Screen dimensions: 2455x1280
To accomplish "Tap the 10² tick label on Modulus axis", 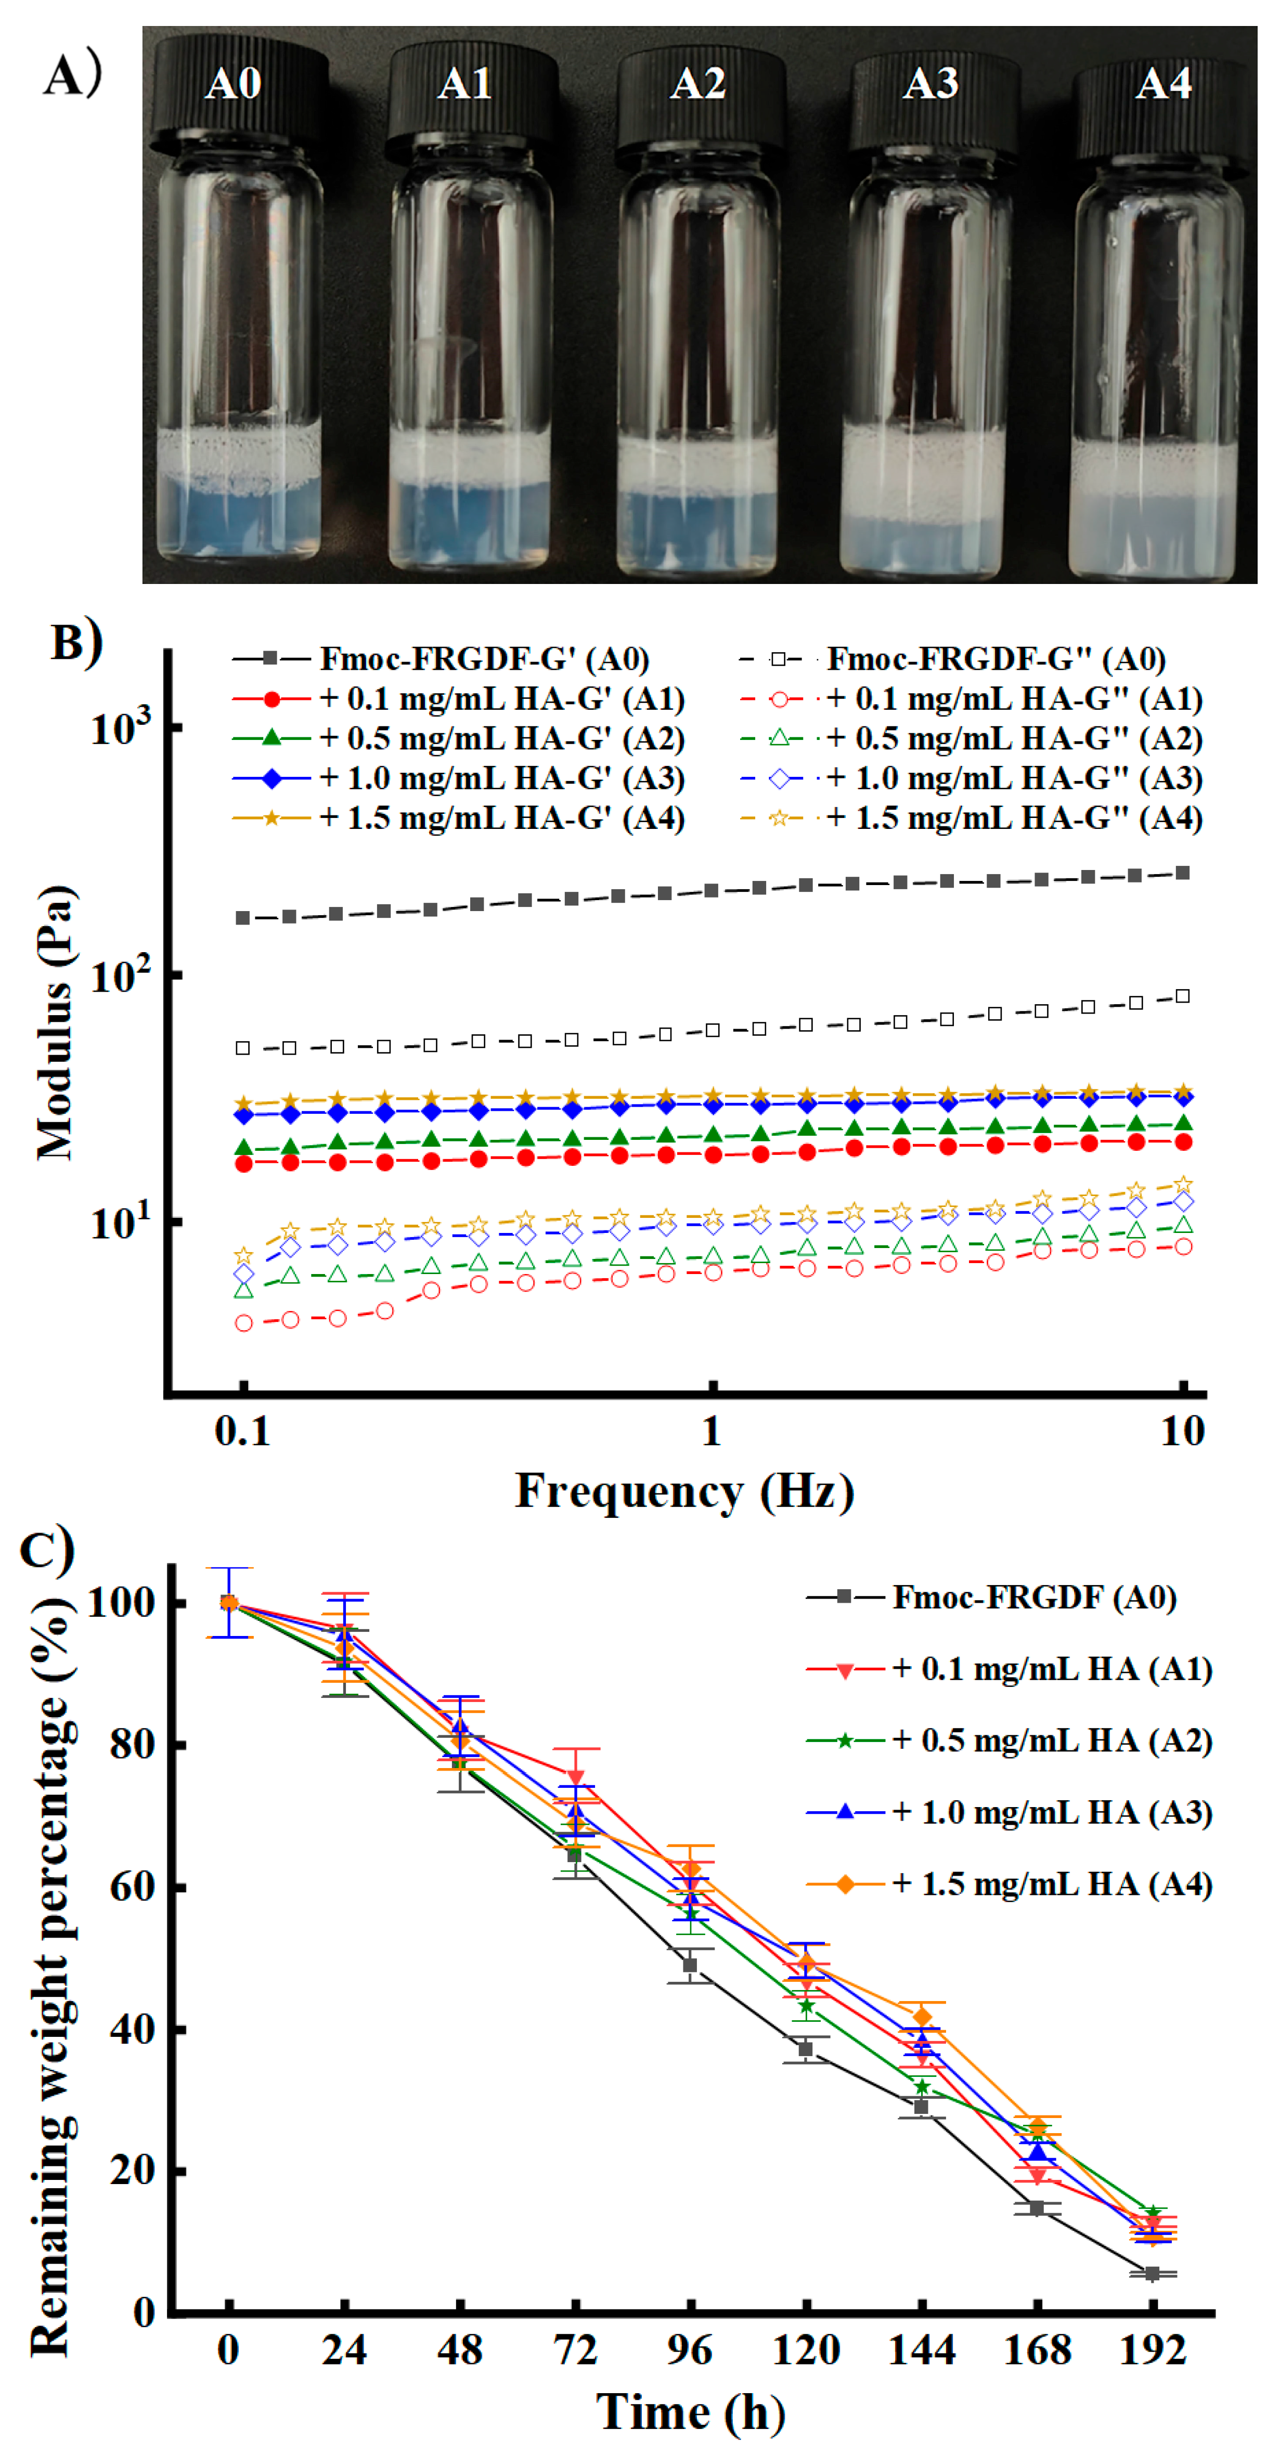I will point(119,974).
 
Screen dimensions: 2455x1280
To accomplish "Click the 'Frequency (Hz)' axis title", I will point(684,1491).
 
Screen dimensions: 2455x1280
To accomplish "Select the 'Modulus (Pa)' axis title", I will point(55,1022).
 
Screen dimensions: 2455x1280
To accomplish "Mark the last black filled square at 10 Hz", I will point(1183,873).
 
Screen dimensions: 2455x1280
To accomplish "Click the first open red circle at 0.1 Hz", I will point(244,1323).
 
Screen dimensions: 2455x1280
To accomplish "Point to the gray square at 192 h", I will point(1152,2274).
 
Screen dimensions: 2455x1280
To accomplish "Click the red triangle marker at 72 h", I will point(576,1777).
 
